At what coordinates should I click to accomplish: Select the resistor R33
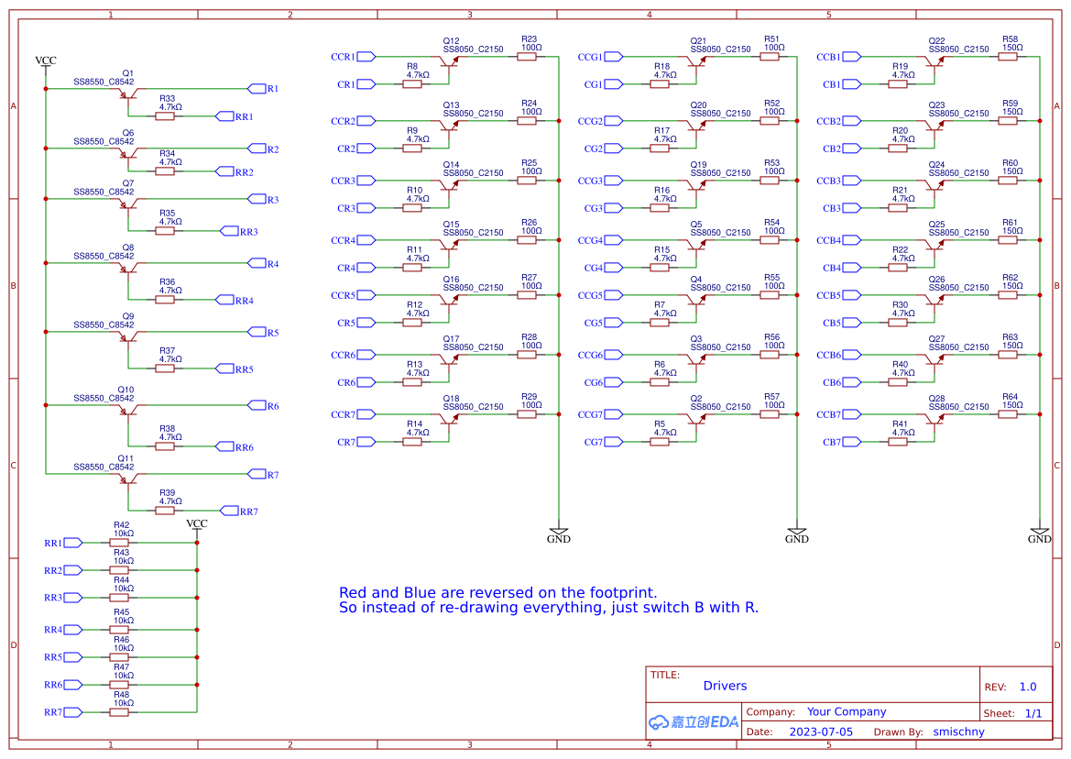coord(165,116)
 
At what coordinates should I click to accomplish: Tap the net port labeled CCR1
coord(366,57)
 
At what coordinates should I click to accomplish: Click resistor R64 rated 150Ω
coord(1008,414)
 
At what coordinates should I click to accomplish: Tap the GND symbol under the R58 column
coord(1039,533)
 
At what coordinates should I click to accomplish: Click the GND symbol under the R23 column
coord(559,533)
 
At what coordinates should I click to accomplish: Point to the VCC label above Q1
coord(46,60)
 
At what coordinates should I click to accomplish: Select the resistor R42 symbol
coord(119,543)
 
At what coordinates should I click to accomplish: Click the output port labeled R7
coord(257,474)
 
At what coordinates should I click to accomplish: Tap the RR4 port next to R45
coord(72,630)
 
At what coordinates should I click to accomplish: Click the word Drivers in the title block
coord(725,686)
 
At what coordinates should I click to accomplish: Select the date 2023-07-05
coord(821,731)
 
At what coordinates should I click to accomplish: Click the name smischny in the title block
coord(959,731)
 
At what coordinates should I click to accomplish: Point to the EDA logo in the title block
coord(693,721)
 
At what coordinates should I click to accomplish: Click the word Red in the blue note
coord(354,593)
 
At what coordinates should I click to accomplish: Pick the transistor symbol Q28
coord(935,419)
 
